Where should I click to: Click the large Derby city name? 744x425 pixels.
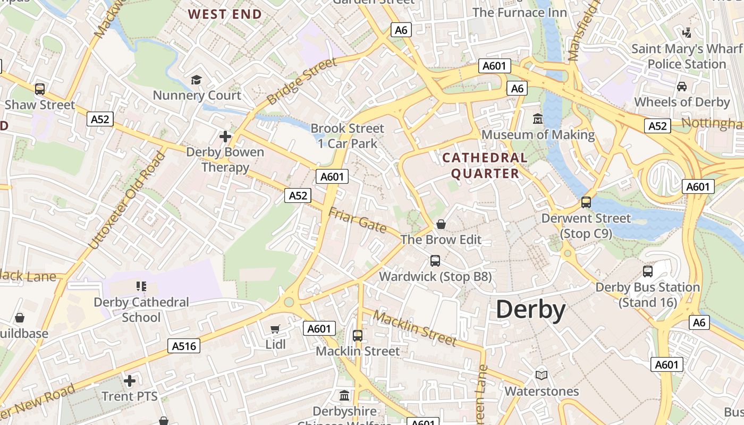click(x=530, y=310)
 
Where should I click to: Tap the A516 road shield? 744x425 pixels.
click(x=184, y=346)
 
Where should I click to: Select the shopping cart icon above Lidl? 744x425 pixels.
click(x=275, y=329)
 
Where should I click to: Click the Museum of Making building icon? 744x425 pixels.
click(x=538, y=118)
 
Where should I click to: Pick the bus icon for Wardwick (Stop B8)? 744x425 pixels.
click(x=435, y=260)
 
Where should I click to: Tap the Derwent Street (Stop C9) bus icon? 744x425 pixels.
click(x=586, y=202)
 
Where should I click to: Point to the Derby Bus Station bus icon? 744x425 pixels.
click(x=648, y=271)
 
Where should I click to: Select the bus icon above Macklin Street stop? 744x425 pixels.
click(x=358, y=335)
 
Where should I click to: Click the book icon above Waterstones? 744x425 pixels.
click(x=542, y=375)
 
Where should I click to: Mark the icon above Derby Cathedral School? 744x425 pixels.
click(x=141, y=286)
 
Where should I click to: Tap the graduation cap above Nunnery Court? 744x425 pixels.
click(x=197, y=80)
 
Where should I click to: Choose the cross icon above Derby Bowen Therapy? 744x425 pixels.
click(x=225, y=137)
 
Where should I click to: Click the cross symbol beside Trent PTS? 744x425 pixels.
click(x=130, y=381)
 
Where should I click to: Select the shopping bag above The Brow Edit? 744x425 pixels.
click(x=441, y=224)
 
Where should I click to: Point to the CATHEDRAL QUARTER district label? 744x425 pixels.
click(x=485, y=166)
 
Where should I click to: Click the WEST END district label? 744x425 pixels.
click(x=225, y=14)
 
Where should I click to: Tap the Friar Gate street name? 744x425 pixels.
click(x=357, y=219)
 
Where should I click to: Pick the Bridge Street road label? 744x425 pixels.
click(x=301, y=81)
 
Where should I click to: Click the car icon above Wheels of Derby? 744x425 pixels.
click(x=682, y=86)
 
